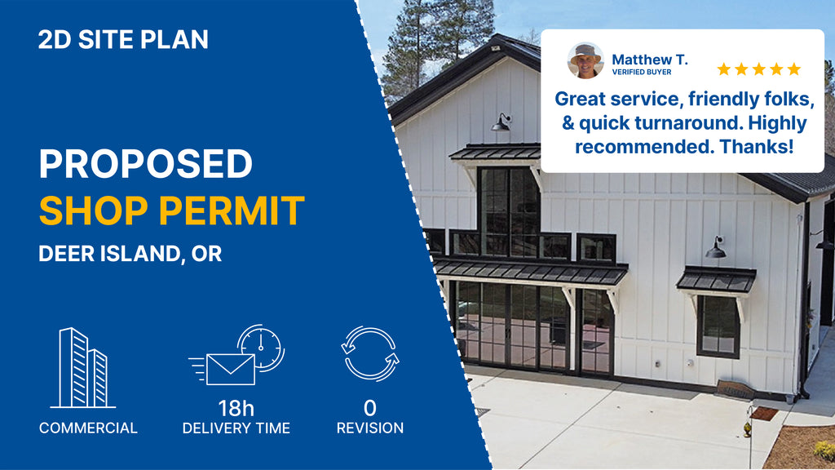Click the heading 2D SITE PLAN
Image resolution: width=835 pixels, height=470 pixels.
[123, 40]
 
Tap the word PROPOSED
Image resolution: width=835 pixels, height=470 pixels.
[145, 163]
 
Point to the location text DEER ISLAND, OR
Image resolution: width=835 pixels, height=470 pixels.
[130, 254]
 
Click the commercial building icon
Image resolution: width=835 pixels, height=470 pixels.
[83, 368]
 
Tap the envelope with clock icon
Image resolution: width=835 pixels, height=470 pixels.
[236, 355]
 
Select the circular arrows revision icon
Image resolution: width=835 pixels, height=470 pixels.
[370, 354]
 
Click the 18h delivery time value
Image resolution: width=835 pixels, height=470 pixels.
[236, 409]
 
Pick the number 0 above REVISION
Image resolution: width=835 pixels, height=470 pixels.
[370, 408]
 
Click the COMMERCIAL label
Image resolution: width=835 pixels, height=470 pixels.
[88, 428]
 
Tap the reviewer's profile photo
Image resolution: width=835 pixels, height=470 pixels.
[585, 60]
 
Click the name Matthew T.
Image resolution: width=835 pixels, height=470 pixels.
[650, 59]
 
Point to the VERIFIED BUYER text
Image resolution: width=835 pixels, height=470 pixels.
[642, 72]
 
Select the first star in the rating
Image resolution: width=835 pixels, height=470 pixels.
[724, 69]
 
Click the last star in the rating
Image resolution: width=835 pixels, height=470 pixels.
[794, 69]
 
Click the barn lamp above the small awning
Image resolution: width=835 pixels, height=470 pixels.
[715, 248]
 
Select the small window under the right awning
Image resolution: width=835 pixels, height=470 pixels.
[718, 326]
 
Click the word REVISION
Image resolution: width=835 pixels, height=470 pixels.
[370, 428]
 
